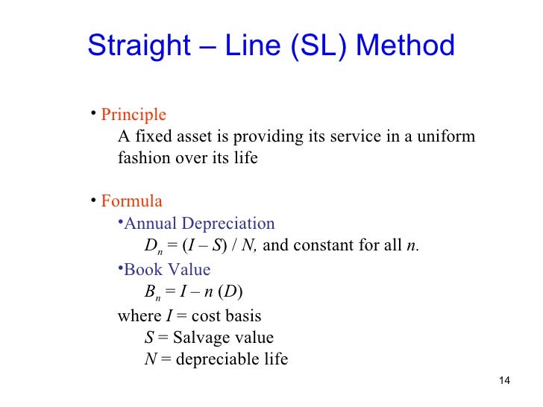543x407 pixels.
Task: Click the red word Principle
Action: tap(134, 116)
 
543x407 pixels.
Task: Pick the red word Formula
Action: tap(131, 201)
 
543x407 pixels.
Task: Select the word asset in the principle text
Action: tap(210, 137)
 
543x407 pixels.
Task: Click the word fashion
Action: tap(144, 158)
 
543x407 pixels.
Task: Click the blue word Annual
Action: tap(145, 224)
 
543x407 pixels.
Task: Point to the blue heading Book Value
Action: tap(168, 269)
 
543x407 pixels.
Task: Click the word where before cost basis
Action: tap(139, 315)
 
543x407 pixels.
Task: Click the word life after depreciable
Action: tap(274, 359)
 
